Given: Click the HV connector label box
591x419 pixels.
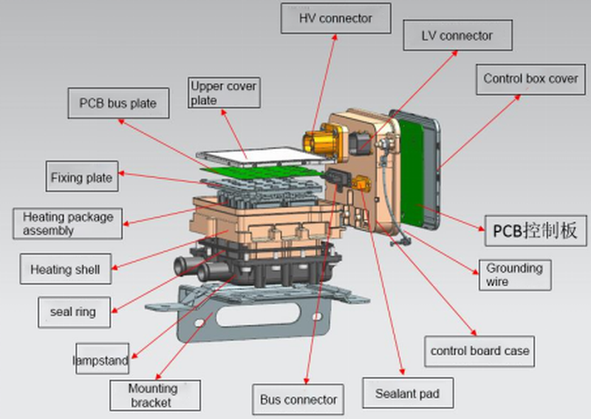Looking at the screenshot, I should click(335, 18).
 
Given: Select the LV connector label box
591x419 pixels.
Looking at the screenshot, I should click(457, 35).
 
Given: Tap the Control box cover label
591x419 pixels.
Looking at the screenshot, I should click(530, 78).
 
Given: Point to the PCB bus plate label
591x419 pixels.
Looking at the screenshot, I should click(117, 103).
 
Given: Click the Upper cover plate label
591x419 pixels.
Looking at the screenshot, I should click(223, 92).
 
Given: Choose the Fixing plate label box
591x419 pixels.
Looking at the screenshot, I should click(81, 177).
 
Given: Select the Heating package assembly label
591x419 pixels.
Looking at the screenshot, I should click(68, 224).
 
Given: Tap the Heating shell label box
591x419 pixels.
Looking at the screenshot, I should click(65, 269).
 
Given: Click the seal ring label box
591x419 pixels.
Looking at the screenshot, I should click(72, 312).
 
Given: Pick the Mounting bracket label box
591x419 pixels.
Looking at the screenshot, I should click(154, 395).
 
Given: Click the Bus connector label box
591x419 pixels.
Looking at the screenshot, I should click(298, 400).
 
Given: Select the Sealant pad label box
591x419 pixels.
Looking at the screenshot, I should click(407, 394).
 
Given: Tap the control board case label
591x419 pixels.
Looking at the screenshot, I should click(479, 350).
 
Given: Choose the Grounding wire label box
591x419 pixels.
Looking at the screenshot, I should click(513, 274).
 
